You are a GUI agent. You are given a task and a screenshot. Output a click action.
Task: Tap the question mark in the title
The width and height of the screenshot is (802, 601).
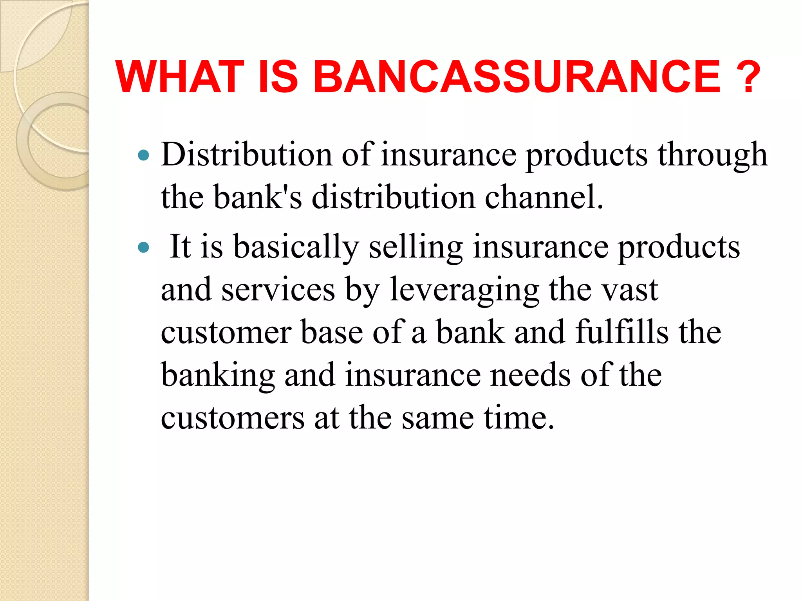(748, 77)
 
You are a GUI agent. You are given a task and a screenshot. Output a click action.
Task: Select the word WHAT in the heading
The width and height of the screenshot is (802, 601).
(180, 77)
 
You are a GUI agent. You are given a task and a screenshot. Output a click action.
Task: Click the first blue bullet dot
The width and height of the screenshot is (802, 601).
(144, 155)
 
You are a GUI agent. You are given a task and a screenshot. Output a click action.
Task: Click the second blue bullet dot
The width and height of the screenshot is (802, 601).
(144, 247)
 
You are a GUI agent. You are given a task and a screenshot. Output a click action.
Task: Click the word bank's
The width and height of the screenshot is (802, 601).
(258, 197)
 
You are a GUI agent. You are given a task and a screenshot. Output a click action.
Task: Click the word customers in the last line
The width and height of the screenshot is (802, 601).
(233, 418)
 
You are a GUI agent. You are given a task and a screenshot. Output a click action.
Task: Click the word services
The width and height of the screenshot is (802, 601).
(278, 290)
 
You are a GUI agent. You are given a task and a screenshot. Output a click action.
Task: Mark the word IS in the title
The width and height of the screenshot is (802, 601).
(278, 77)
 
